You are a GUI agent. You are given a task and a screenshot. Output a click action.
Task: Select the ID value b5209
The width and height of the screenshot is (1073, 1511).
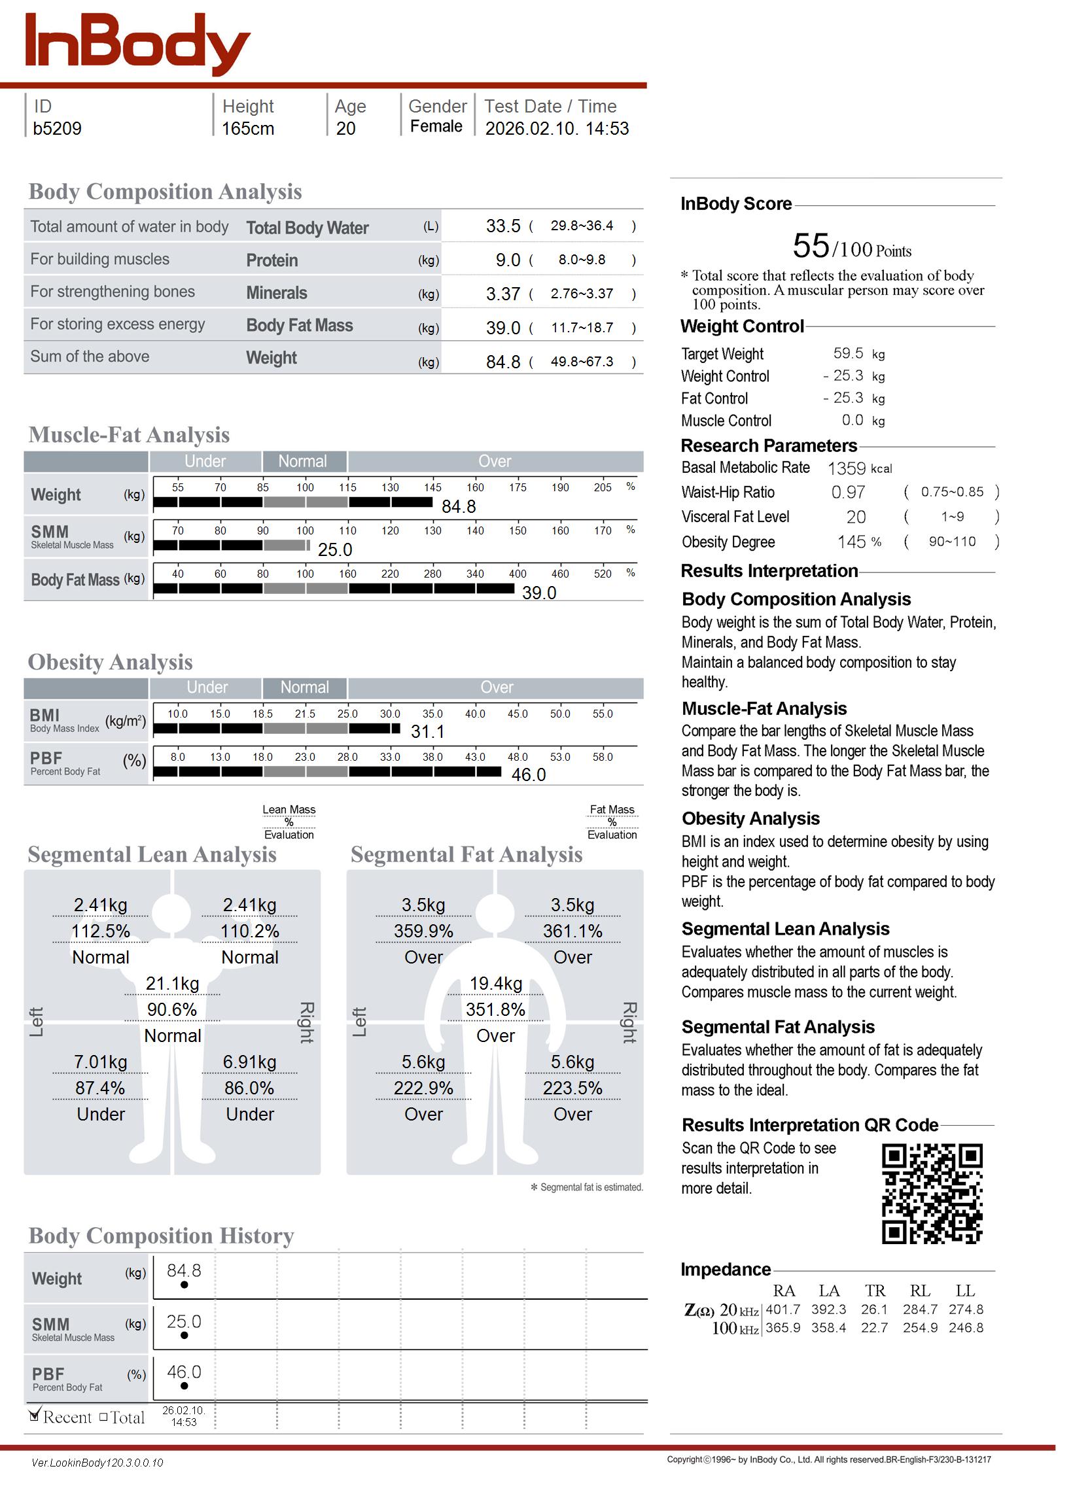pyautogui.click(x=58, y=128)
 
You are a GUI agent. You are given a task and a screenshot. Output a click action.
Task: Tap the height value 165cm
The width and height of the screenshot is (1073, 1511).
pyautogui.click(x=248, y=128)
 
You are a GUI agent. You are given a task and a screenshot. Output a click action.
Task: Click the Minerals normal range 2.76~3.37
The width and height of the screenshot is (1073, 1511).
pyautogui.click(x=582, y=293)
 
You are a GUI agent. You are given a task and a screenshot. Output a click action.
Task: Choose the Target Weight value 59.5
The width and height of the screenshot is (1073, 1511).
pyautogui.click(x=848, y=353)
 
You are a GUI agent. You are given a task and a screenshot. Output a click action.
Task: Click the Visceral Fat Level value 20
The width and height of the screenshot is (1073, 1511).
pyautogui.click(x=856, y=517)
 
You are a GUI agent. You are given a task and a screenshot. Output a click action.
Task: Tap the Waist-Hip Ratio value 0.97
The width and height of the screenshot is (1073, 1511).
pyautogui.click(x=848, y=493)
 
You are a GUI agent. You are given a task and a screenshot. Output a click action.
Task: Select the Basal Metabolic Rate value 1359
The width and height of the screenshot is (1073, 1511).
pyautogui.click(x=847, y=469)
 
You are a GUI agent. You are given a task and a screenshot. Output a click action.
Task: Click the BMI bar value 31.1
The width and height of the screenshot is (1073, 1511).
pyautogui.click(x=427, y=732)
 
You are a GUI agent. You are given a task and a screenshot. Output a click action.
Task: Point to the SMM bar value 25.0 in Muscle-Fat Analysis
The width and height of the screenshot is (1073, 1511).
pyautogui.click(x=335, y=549)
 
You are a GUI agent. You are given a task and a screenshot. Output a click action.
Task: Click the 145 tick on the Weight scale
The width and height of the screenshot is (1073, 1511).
pyautogui.click(x=432, y=487)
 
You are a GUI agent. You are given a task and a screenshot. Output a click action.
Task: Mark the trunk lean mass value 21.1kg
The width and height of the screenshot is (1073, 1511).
pyautogui.click(x=173, y=984)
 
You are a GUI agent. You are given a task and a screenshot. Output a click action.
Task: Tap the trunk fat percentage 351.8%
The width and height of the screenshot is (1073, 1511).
pyautogui.click(x=495, y=1010)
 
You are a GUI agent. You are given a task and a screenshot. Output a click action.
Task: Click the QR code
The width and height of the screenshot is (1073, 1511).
pyautogui.click(x=932, y=1194)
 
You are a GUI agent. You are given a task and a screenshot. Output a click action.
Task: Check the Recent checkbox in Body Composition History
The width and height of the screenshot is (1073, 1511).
pyautogui.click(x=35, y=1415)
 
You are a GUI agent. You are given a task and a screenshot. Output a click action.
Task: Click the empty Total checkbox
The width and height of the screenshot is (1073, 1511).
pyautogui.click(x=104, y=1417)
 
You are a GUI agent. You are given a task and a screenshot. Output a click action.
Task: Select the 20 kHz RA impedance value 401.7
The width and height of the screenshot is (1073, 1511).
pyautogui.click(x=783, y=1310)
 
